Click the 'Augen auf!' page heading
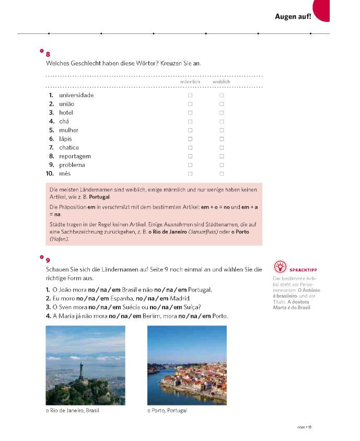tap(293, 17)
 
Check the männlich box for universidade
tap(190, 96)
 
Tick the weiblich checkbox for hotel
tap(222, 113)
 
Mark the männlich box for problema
tap(190, 165)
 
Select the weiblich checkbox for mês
tap(222, 173)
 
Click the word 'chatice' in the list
tap(69, 147)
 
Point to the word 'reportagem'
tap(75, 156)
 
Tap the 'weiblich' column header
tap(221, 82)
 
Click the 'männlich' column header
tap(190, 82)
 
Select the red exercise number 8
tap(48, 54)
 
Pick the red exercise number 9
tap(48, 260)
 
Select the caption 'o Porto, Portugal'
tap(167, 411)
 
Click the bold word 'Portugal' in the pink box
tap(99, 197)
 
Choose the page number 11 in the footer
tap(309, 427)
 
